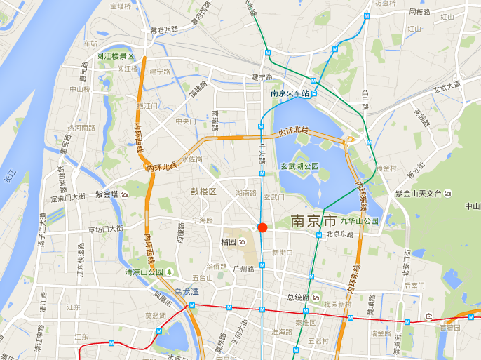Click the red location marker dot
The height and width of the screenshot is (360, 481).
tap(262, 227)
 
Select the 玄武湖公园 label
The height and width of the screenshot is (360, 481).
tap(299, 166)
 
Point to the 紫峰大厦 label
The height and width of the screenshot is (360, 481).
tap(107, 194)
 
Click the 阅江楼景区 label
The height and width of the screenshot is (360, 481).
tap(115, 56)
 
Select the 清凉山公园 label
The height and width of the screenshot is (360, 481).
tap(144, 272)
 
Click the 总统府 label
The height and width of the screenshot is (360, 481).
tap(298, 298)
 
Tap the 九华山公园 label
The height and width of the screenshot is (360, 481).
tap(359, 220)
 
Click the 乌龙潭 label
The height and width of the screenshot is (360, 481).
tap(187, 291)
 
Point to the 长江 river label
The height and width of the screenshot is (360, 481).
tap(9, 175)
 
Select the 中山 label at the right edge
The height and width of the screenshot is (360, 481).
tap(473, 206)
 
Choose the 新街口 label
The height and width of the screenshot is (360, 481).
tap(282, 253)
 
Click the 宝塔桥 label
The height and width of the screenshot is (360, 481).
tap(120, 6)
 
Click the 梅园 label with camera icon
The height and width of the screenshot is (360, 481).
tap(231, 241)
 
